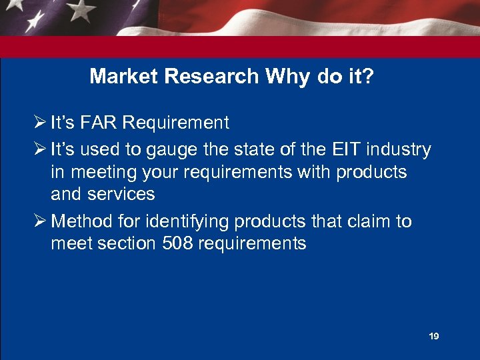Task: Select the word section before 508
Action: coord(127,243)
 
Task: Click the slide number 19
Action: coord(433,337)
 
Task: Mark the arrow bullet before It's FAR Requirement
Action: coord(39,123)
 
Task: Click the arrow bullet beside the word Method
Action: coord(39,221)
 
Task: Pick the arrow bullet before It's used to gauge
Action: coord(39,150)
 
